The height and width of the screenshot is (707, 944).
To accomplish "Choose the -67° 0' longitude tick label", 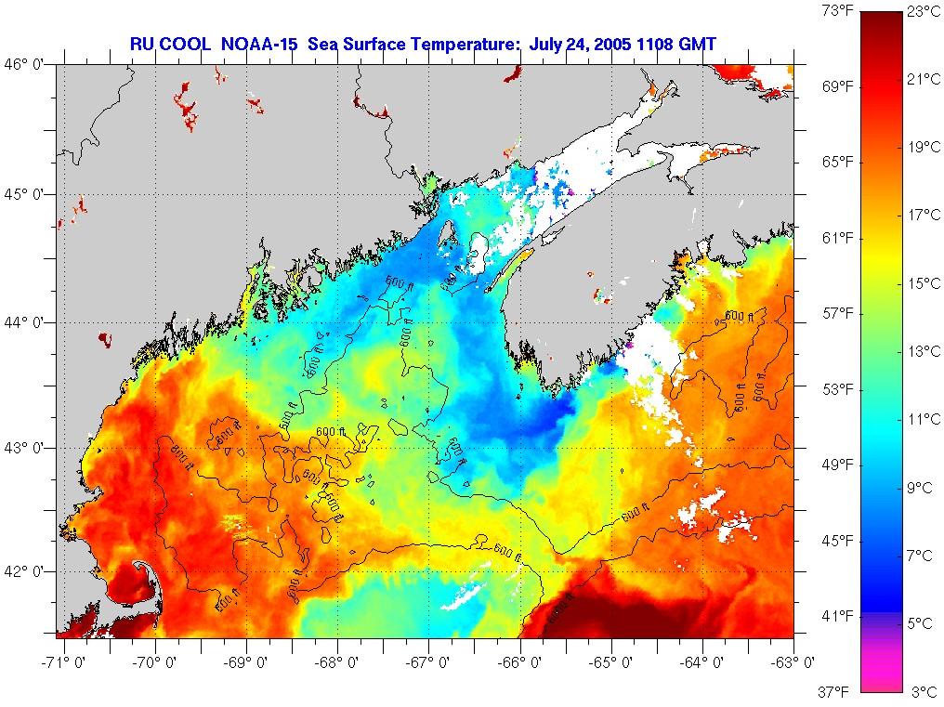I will pyautogui.click(x=427, y=662).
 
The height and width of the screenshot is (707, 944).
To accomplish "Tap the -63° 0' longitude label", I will pyautogui.click(x=795, y=662).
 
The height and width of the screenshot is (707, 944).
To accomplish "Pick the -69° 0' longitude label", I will pyautogui.click(x=246, y=662).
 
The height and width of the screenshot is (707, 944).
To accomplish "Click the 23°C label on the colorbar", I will pyautogui.click(x=923, y=12).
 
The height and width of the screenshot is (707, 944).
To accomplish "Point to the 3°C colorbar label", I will pyautogui.click(x=923, y=691).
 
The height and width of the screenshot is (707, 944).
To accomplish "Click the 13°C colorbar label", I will pyautogui.click(x=923, y=351).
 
